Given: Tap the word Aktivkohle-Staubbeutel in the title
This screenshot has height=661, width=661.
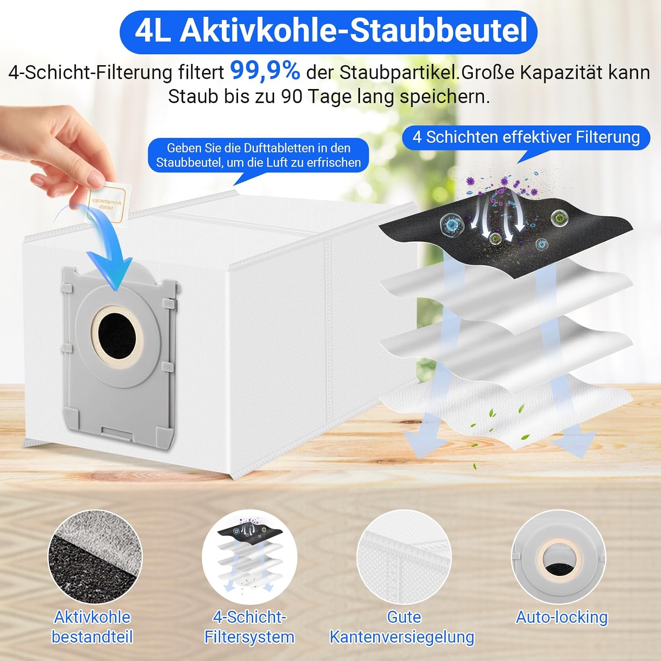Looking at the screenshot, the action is [x=353, y=30].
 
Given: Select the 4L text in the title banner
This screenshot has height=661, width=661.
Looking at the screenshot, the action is [x=152, y=30].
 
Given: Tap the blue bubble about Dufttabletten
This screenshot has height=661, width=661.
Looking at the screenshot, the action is [x=258, y=155].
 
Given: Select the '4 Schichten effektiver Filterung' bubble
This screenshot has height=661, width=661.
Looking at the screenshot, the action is [x=526, y=137].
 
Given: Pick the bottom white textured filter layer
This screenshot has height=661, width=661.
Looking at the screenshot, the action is [x=507, y=410].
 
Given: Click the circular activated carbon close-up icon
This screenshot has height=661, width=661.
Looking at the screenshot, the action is [x=95, y=557].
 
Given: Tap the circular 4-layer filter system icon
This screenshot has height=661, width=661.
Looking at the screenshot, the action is [x=249, y=557].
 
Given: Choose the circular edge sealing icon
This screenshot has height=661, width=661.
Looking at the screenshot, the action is [x=404, y=557].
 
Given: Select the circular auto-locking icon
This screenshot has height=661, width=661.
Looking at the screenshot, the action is [x=558, y=557].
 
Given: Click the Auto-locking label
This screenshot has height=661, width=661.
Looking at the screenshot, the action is [x=562, y=617].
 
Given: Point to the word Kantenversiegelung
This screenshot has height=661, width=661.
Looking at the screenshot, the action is [x=402, y=637].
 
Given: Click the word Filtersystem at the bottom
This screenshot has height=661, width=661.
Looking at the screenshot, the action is [x=249, y=637].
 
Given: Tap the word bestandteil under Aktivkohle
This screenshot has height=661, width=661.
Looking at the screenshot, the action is [x=92, y=637].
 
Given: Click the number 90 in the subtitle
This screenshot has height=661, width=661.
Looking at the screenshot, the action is [x=292, y=97].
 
